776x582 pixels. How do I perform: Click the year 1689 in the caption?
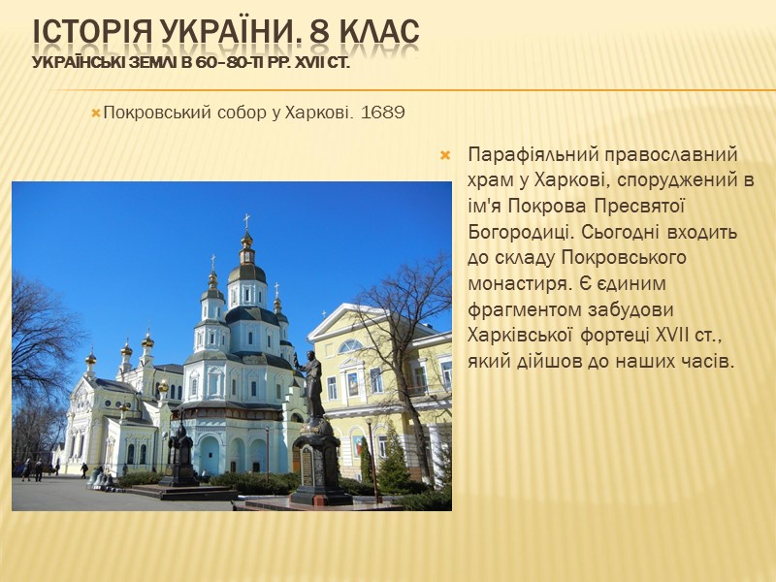click(381, 113)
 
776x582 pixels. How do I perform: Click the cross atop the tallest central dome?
click(246, 221)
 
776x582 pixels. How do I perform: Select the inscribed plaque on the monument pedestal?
click(307, 467)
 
